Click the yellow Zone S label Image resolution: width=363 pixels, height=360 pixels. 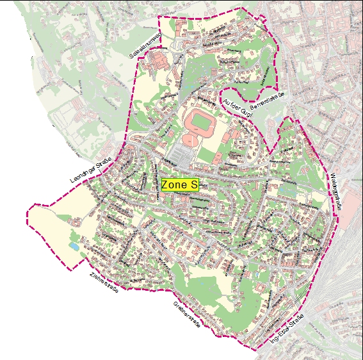coord(179,184)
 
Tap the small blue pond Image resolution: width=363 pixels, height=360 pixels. coord(75,246)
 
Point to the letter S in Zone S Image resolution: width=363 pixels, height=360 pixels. coord(193,184)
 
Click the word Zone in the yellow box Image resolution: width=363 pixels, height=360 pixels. coord(173,184)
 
